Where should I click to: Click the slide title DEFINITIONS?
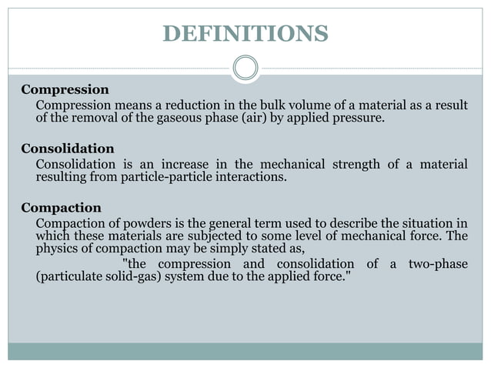pyautogui.click(x=245, y=34)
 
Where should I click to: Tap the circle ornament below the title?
pyautogui.click(x=245, y=68)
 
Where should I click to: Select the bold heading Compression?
pyautogui.click(x=65, y=89)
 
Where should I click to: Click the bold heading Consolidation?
pyautogui.click(x=68, y=149)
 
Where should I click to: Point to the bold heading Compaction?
pyautogui.click(x=61, y=208)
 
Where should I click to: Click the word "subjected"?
pyautogui.click(x=201, y=236)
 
